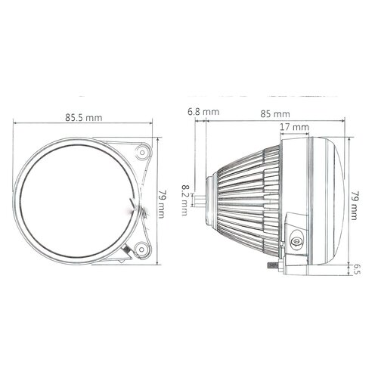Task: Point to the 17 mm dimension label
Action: point(296,127)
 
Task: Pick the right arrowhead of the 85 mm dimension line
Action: point(345,124)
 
